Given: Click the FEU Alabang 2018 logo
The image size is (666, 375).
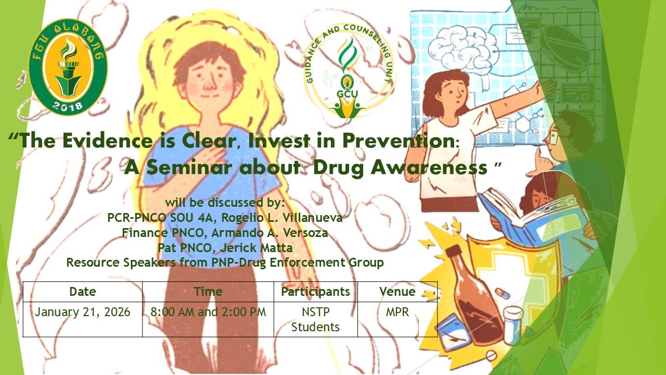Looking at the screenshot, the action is point(68,67).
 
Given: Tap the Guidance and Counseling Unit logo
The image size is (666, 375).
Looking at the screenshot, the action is point(348,71).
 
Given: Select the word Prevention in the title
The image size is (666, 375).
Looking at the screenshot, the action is point(398,141).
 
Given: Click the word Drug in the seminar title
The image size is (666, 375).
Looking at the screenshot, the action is point(339,168).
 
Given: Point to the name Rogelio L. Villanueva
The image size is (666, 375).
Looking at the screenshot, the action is point(282,218).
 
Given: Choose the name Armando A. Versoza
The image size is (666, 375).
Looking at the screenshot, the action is point(270,233).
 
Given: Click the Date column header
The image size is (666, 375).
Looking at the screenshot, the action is point(83,292).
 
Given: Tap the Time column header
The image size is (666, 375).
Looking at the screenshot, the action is point(208,292).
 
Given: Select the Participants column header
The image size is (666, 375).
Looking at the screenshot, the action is point(315,292).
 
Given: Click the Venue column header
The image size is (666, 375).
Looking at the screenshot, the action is point(397,292).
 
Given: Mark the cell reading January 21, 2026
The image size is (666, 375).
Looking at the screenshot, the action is point(83,312).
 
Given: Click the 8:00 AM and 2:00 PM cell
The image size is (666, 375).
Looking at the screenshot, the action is point(208,312).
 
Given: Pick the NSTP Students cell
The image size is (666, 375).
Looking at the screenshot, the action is point(315,319).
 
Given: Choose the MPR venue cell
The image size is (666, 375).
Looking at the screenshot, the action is point(397,312).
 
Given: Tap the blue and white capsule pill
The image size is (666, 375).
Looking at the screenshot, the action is point(502,293).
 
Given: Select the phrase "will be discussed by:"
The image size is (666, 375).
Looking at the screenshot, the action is point(225,203).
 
